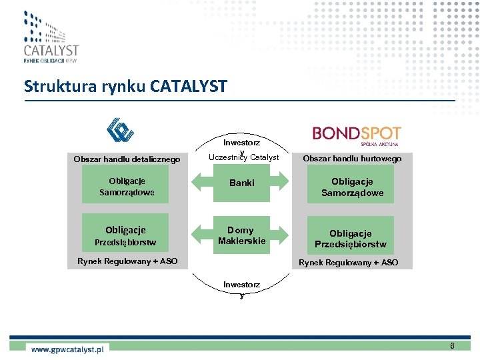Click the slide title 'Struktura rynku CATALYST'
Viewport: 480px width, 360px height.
click(125, 86)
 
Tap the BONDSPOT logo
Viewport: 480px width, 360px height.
click(357, 135)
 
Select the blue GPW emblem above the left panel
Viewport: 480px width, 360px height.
click(121, 130)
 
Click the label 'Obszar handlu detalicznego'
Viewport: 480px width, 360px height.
click(127, 159)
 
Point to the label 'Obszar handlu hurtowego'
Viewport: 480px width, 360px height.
click(352, 159)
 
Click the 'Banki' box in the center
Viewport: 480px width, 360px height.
click(241, 183)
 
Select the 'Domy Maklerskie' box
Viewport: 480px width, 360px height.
click(241, 235)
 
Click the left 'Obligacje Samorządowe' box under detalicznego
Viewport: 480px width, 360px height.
click(127, 187)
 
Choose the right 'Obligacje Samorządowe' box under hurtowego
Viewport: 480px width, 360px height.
click(352, 187)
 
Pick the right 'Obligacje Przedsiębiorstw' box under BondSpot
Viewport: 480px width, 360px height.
click(350, 238)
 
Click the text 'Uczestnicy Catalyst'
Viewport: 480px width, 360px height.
click(243, 158)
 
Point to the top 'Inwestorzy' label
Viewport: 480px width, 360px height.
click(241, 143)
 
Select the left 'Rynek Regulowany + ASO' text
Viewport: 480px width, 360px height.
click(127, 261)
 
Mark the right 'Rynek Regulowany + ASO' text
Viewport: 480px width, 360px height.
click(348, 263)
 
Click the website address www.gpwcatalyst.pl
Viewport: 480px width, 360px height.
click(67, 348)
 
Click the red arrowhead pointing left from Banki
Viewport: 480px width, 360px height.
click(198, 183)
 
